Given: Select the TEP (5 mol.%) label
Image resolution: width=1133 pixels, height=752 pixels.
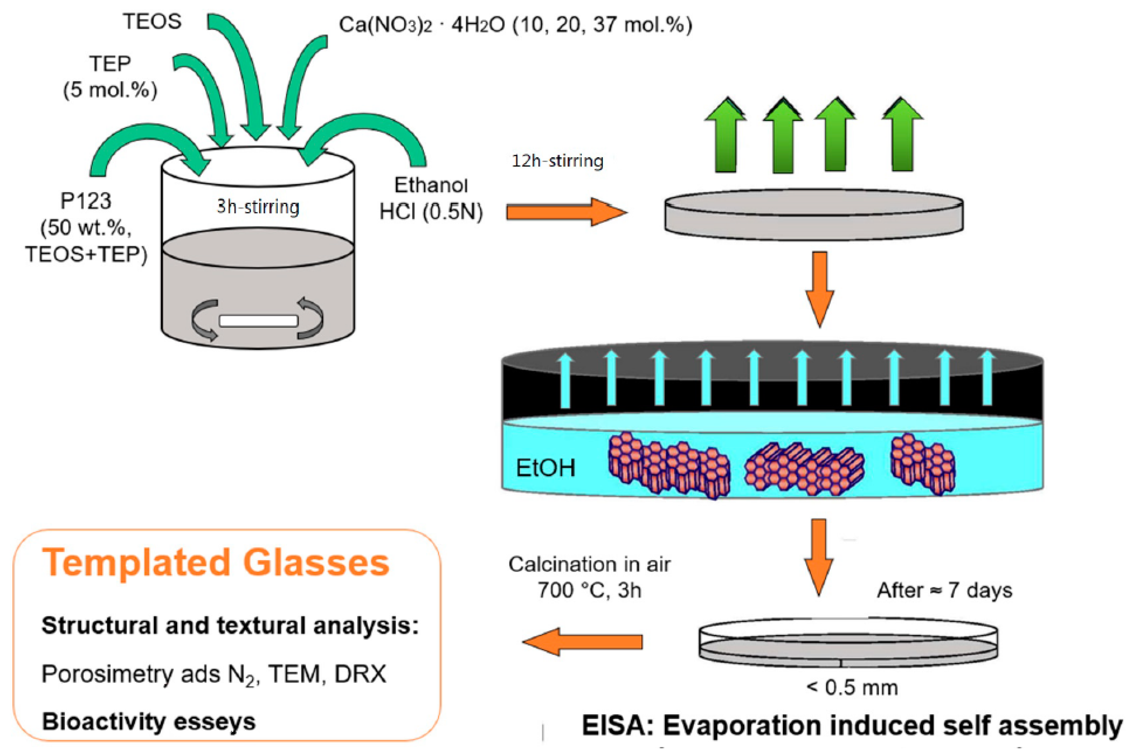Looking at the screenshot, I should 110,77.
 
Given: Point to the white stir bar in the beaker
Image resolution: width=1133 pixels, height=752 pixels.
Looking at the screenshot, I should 258,320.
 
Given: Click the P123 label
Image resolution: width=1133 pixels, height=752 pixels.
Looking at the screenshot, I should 85,201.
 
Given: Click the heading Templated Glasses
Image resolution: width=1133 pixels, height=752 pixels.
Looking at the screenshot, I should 216,562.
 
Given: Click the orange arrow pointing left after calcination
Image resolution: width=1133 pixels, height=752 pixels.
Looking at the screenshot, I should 583,642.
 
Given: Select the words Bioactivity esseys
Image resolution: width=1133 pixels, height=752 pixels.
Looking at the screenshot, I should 148,722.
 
